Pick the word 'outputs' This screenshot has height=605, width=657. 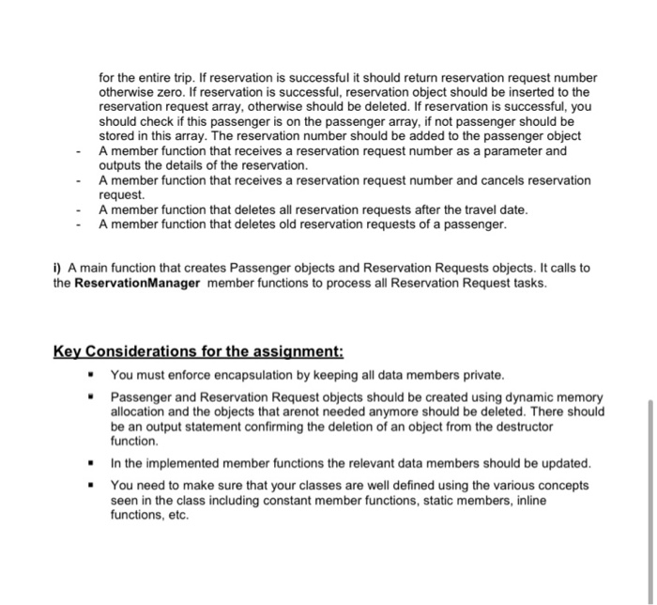[122, 165]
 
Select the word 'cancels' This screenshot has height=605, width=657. [479, 180]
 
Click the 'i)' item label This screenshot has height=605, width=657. [58, 268]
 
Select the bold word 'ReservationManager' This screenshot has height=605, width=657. [139, 283]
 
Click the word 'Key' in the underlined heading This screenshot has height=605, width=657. [69, 352]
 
